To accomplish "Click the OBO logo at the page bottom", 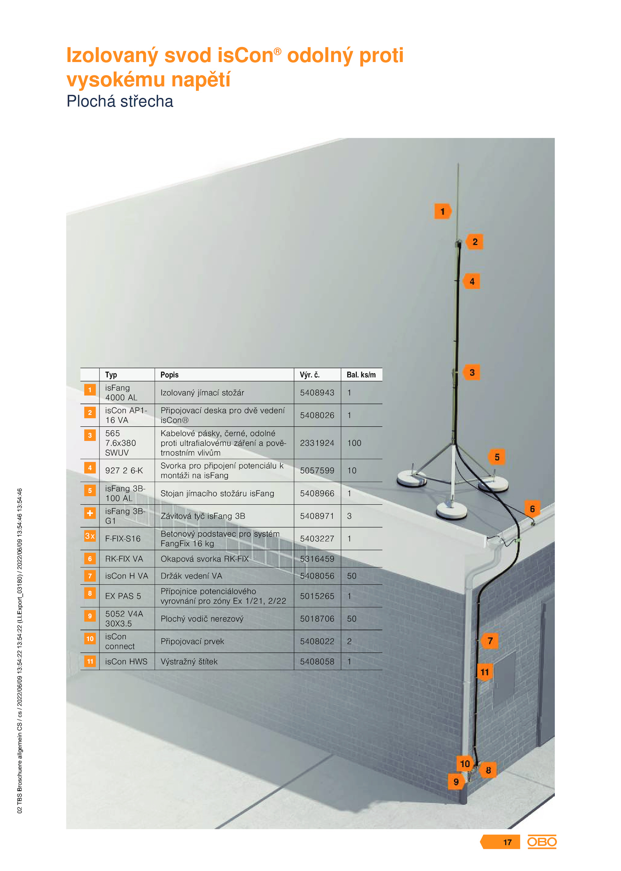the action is click(541, 842).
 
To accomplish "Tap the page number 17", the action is click(507, 842).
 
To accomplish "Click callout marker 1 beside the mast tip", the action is click(442, 211).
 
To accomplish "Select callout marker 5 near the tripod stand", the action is click(497, 457).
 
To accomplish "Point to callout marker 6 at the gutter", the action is click(532, 509).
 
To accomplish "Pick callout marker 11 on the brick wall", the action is click(485, 672).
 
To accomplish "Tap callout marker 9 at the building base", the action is click(456, 782).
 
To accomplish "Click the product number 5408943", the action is click(317, 393).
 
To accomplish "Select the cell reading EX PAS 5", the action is click(123, 596).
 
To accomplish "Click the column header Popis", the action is click(170, 375).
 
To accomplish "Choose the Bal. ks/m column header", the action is click(361, 375).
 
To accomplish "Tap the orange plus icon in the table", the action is click(90, 513).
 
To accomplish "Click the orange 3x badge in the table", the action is click(90, 536).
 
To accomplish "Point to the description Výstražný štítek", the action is click(189, 661).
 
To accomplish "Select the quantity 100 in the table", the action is click(354, 443).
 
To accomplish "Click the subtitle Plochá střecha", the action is click(120, 101).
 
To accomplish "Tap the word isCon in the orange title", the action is click(245, 55).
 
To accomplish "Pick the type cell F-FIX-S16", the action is click(123, 539).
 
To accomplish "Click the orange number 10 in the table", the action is click(90, 639).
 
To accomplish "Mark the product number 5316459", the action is click(317, 559).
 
